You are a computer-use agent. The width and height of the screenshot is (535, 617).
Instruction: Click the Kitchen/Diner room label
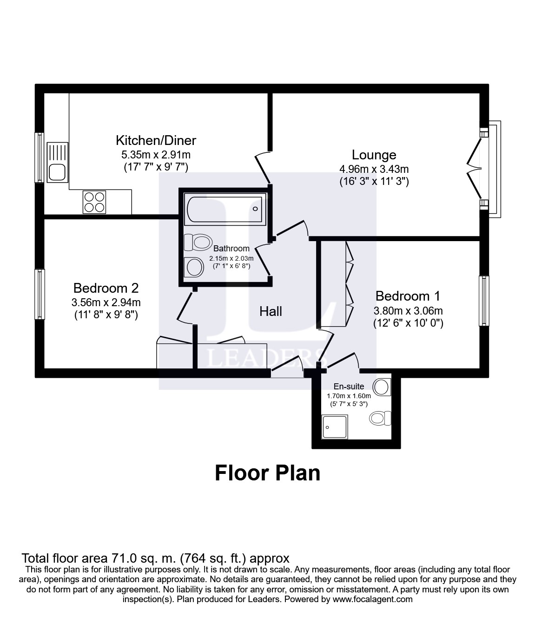(156, 140)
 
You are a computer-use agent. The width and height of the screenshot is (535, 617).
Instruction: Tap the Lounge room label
(374, 155)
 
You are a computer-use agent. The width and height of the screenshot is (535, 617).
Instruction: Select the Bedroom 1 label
(408, 296)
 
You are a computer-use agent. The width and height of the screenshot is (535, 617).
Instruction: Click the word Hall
(271, 311)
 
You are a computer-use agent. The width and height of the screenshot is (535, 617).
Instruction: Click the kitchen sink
(58, 164)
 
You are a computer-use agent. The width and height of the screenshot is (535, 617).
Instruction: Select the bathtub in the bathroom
(224, 209)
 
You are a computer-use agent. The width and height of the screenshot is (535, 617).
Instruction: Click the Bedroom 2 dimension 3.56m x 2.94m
(106, 302)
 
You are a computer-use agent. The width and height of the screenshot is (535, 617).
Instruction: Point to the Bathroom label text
(231, 249)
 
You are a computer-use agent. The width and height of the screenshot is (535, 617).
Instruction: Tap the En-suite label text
(349, 387)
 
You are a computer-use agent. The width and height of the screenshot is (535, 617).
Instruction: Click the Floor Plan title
(267, 473)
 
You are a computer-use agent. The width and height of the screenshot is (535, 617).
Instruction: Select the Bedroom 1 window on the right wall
(484, 301)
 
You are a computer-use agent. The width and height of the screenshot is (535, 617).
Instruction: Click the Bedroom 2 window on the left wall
(40, 294)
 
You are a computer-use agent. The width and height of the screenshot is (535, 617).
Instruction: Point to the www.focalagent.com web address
(373, 599)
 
